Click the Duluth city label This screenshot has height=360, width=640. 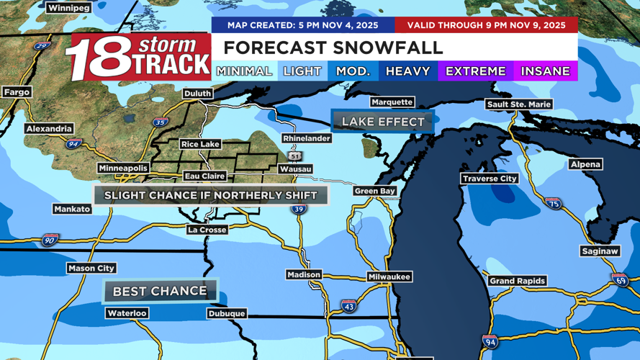pyautogui.click(x=197, y=94)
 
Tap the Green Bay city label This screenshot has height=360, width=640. pyautogui.click(x=375, y=191)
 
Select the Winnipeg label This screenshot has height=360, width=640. pyautogui.click(x=68, y=8)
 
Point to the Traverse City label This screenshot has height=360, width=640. pyautogui.click(x=490, y=179)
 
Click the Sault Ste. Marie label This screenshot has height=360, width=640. pyautogui.click(x=518, y=104)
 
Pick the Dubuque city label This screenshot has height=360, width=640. pyautogui.click(x=227, y=314)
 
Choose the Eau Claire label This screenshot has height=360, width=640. pyautogui.click(x=204, y=176)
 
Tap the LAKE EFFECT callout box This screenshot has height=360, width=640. pyautogui.click(x=383, y=122)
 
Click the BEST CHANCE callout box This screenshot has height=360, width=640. pyautogui.click(x=160, y=291)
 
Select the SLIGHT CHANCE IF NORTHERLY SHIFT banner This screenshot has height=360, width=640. pyautogui.click(x=211, y=195)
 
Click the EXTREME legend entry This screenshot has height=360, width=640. pyautogui.click(x=475, y=71)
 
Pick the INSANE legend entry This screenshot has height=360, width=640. pyautogui.click(x=545, y=71)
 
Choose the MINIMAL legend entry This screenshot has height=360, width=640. pyautogui.click(x=244, y=71)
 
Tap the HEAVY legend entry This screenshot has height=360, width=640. pyautogui.click(x=407, y=71)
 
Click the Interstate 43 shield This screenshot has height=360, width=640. pyautogui.click(x=348, y=305)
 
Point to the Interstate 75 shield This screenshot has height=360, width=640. pyautogui.click(x=553, y=204)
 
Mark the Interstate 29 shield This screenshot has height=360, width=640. pyautogui.click(x=42, y=46)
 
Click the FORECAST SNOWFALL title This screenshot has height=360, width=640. pyautogui.click(x=333, y=48)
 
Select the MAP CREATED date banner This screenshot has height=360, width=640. pyautogui.click(x=303, y=25)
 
